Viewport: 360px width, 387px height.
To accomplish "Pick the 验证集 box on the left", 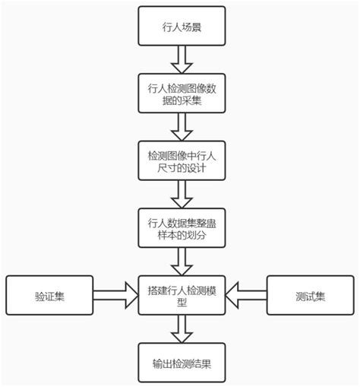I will [49, 296].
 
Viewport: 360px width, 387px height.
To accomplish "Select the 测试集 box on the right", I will [311, 296].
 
